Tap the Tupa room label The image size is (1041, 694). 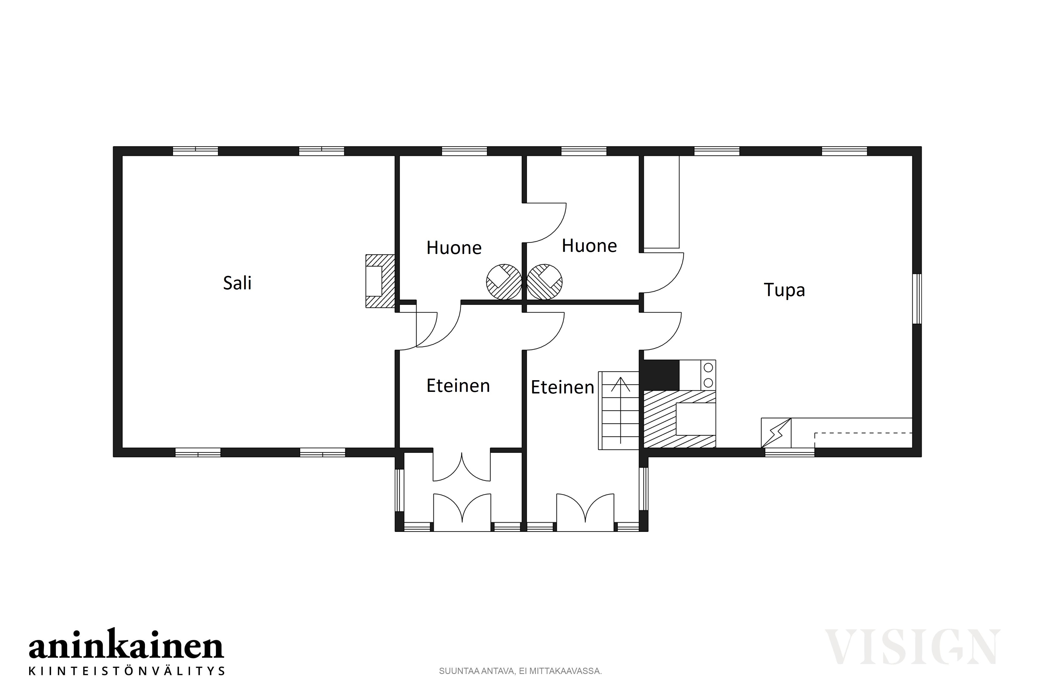click(784, 290)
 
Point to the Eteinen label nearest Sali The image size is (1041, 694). click(458, 385)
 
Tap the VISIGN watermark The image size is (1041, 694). click(912, 647)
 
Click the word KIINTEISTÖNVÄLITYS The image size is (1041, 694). click(126, 671)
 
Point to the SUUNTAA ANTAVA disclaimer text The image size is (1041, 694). click(520, 671)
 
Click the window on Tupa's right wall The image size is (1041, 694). click(917, 299)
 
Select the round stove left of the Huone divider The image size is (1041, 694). click(503, 282)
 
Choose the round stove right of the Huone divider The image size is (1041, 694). click(545, 282)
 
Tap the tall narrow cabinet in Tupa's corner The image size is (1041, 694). click(661, 202)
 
